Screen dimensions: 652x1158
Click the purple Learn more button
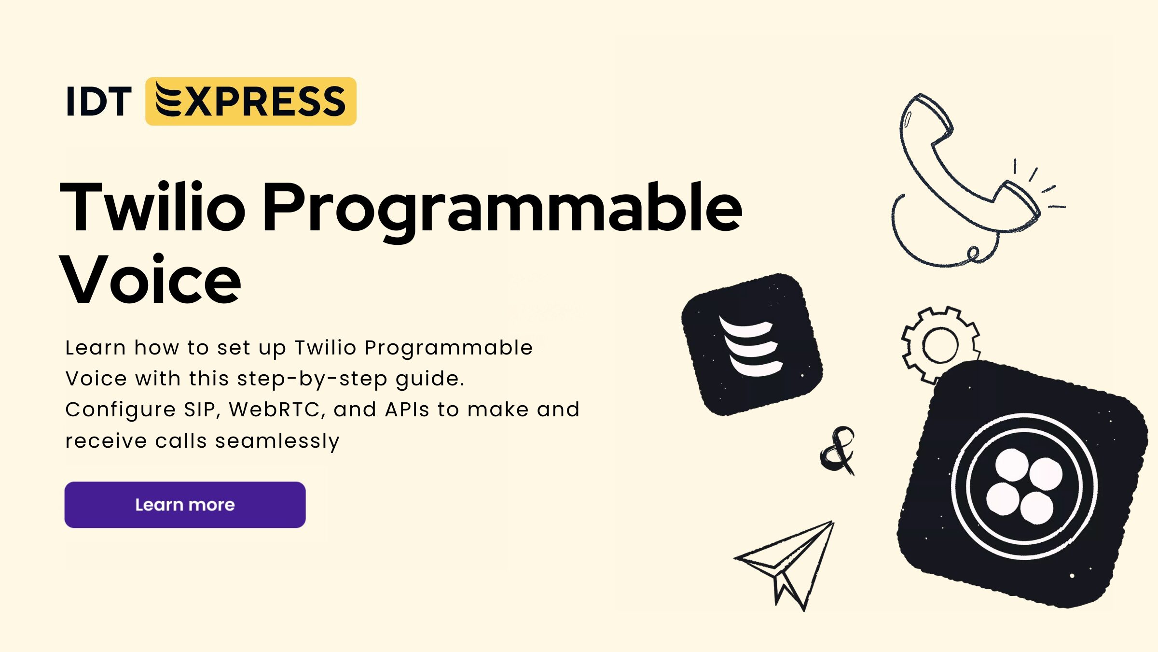point(185,505)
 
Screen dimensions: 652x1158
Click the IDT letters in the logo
point(99,101)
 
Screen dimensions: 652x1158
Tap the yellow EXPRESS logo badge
point(251,101)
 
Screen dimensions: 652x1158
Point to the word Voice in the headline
point(150,280)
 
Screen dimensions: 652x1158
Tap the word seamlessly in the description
point(277,441)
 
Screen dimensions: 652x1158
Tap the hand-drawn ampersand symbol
point(838,450)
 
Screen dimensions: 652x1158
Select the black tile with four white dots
point(1023,485)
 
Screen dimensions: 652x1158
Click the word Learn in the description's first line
point(96,348)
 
